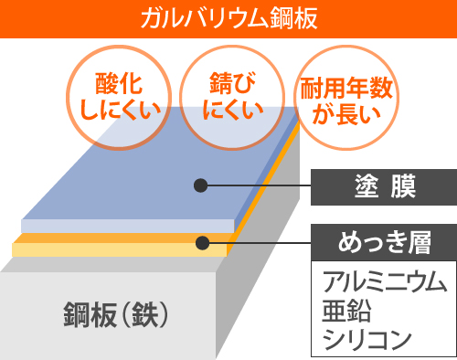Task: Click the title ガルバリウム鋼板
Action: pyautogui.click(x=228, y=18)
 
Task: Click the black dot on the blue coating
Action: pyautogui.click(x=199, y=186)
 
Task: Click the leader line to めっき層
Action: pyautogui.click(x=265, y=243)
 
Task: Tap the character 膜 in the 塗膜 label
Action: pyautogui.click(x=400, y=188)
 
